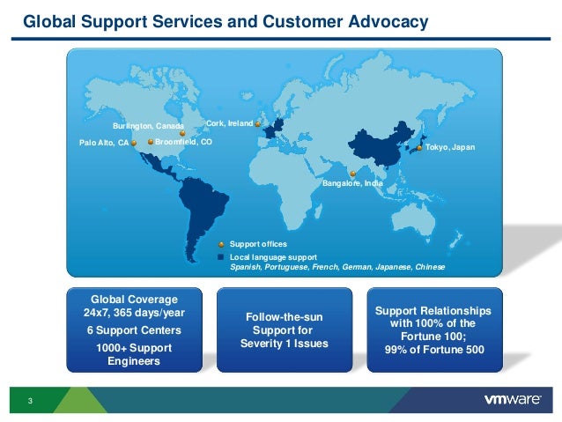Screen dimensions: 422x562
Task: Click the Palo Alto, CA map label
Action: coord(104,142)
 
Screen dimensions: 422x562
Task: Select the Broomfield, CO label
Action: coord(183,141)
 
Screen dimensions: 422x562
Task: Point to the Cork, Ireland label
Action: coord(229,123)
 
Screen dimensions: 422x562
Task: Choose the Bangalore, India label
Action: coord(352,184)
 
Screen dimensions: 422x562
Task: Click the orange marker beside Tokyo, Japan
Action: coord(418,148)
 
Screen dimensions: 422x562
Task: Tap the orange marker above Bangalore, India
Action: coord(351,174)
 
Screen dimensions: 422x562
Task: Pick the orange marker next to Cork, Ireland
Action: coord(257,124)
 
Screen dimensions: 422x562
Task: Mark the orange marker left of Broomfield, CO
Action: coord(151,141)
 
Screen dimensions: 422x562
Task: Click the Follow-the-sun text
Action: coord(284,315)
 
